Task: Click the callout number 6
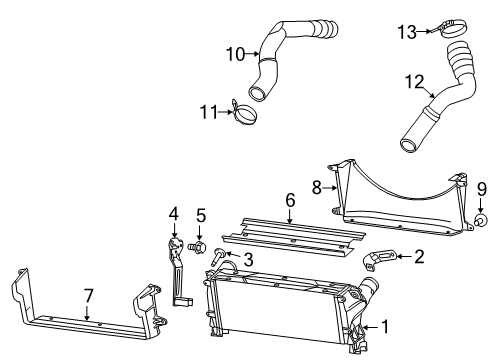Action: click(290, 228)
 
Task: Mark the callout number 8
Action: click(317, 185)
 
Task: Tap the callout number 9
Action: click(480, 216)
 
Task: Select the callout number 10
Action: click(235, 53)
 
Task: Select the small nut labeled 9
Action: click(480, 246)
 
